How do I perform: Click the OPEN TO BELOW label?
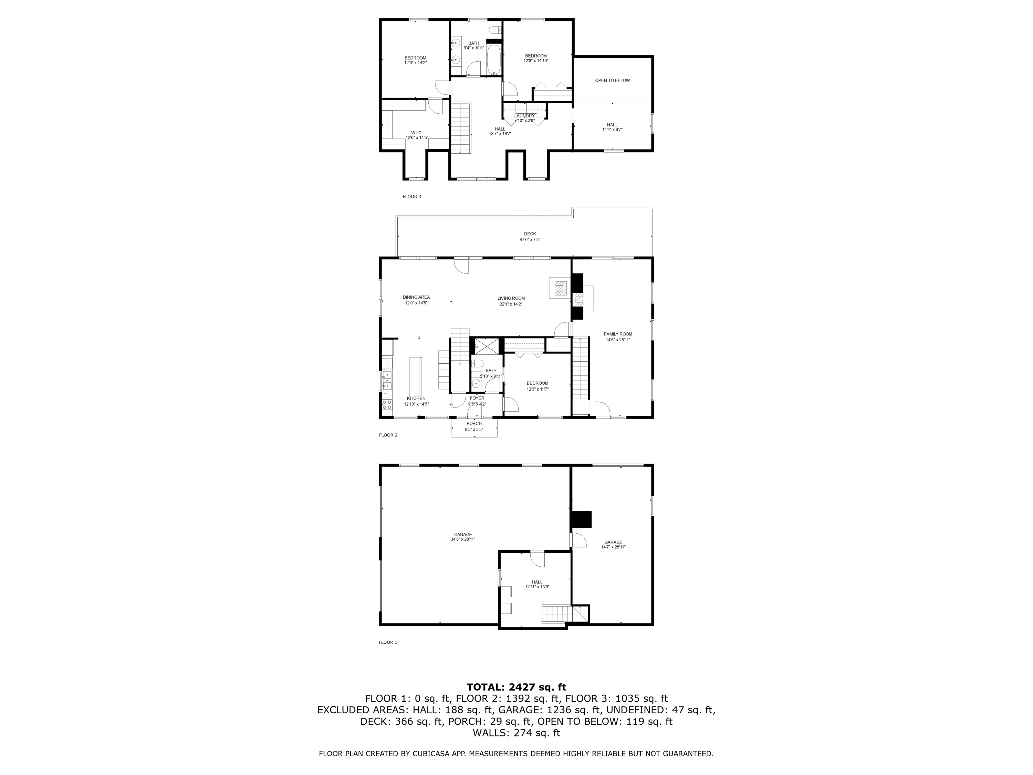612,80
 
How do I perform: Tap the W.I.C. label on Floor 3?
417,133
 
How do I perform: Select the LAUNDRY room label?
524,116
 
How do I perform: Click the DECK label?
530,234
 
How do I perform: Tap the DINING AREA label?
416,297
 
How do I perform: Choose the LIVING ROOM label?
511,298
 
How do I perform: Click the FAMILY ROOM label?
618,334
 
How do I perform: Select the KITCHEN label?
416,399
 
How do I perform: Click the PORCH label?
474,424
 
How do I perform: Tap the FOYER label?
477,398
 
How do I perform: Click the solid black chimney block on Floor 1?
581,519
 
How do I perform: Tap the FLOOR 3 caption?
412,197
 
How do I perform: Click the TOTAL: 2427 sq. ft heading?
516,687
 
